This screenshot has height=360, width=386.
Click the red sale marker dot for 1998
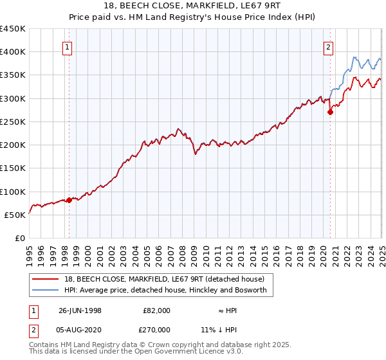(x=69, y=200)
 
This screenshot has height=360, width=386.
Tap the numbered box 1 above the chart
(x=68, y=46)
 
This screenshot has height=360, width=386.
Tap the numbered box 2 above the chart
(x=328, y=46)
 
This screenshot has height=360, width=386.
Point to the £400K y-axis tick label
(x=13, y=52)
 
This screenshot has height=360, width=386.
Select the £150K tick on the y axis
(x=13, y=168)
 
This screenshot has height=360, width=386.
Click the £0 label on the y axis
(x=20, y=239)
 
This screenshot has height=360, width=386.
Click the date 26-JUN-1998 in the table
(x=80, y=310)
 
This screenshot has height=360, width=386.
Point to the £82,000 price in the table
(x=156, y=310)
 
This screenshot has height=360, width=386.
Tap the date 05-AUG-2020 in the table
(x=80, y=329)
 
